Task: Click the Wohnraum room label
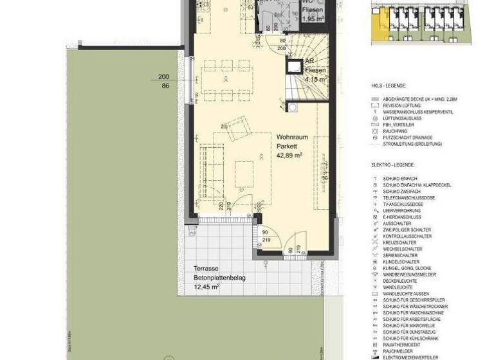292,138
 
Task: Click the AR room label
309,60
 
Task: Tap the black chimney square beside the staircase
295,66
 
